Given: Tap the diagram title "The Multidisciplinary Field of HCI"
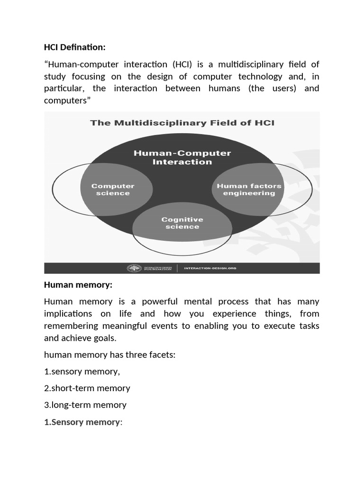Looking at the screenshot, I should [182, 123].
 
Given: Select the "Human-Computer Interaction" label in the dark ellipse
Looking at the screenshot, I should [182, 157].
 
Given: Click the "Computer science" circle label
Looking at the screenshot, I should [113, 189].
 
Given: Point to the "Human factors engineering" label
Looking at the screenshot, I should [249, 189].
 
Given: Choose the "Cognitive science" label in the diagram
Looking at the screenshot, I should [182, 223].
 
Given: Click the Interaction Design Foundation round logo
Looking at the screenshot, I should [134, 268].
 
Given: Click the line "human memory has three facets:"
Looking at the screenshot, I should [110, 354].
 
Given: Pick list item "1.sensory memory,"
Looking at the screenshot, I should [82, 371].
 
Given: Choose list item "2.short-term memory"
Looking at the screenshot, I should [87, 388].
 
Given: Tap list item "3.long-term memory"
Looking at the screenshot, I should [85, 405].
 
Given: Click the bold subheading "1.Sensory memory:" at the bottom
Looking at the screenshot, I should [83, 422].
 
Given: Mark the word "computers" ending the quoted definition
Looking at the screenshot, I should [66, 101].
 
